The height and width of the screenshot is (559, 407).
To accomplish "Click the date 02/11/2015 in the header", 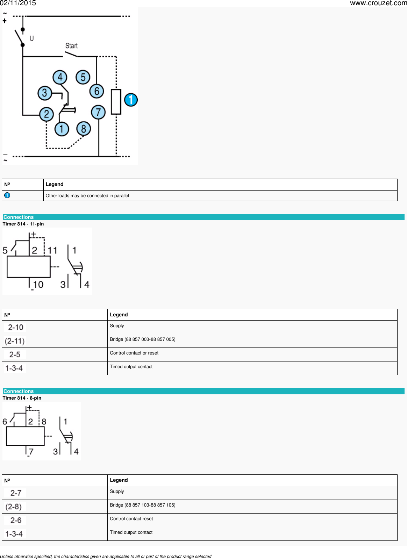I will click(18, 3).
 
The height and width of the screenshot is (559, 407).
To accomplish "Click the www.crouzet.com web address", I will click(378, 3).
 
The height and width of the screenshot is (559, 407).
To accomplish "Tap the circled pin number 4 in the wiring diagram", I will click(60, 77).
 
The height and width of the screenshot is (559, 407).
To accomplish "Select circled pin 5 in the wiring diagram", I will click(83, 77).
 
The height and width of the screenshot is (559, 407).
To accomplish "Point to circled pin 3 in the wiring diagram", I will click(44, 93).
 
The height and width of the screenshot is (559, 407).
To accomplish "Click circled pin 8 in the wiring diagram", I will click(84, 129).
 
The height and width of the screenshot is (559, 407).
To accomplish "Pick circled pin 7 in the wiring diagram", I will click(98, 112).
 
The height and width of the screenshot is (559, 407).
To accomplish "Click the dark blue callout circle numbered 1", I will click(131, 100).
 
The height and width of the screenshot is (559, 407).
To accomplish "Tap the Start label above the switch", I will click(71, 46).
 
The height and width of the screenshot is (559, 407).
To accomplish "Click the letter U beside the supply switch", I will click(32, 38).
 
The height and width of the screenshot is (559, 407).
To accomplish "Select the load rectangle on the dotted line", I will click(116, 102).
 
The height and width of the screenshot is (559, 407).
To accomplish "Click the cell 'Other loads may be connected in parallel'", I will click(87, 196).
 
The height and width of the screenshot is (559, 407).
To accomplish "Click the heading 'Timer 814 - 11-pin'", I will click(23, 224).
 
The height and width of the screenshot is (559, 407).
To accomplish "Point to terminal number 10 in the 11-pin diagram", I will click(38, 285).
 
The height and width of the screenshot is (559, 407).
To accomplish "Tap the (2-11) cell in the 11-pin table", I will click(15, 341).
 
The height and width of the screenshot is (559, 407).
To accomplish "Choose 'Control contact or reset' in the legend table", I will click(134, 353).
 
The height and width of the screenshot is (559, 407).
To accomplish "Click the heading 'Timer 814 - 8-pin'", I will click(22, 398).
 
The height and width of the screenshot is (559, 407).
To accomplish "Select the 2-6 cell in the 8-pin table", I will click(16, 520).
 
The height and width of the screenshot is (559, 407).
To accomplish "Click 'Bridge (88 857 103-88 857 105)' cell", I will click(142, 505).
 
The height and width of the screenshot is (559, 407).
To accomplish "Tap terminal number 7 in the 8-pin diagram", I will click(31, 451).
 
